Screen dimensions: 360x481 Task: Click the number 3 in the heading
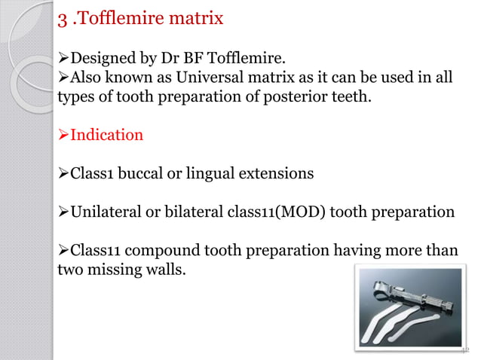[63, 17]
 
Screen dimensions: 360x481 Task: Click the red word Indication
[106, 136]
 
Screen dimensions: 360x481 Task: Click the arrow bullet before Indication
[63, 136]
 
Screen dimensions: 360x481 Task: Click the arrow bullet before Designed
[63, 59]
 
